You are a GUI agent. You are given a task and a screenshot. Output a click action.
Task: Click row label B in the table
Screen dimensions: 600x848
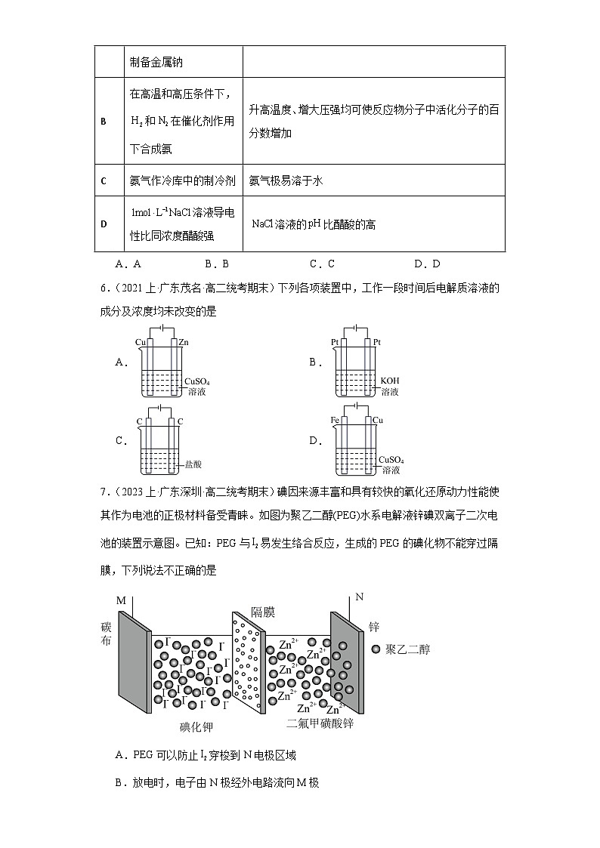coord(103,121)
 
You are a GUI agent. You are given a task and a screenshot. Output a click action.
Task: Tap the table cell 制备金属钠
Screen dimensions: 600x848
coord(156,62)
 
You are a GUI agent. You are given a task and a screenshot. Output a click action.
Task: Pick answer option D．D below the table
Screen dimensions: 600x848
coord(427,264)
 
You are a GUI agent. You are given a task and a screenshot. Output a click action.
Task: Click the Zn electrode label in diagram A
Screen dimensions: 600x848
coord(184,343)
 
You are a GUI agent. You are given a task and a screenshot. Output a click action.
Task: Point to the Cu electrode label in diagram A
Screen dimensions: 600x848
coord(141,343)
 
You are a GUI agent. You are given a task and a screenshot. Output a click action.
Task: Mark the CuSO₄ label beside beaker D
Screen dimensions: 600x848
coord(391,458)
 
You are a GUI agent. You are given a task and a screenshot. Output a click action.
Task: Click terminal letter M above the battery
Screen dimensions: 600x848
coord(121,600)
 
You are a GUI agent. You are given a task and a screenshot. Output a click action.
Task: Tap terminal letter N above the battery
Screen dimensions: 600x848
coord(360,597)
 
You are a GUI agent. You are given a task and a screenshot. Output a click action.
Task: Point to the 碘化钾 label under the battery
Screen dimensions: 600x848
coord(196,727)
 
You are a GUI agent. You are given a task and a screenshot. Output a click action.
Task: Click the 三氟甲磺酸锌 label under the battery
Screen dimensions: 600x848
coord(320,723)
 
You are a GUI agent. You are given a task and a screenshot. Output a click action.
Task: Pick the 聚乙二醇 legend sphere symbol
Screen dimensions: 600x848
coord(376,649)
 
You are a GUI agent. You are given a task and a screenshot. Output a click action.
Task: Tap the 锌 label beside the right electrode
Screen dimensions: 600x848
coord(373,627)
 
